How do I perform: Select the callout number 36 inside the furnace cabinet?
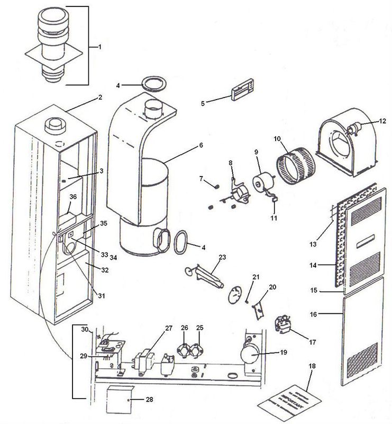click(74, 197)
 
